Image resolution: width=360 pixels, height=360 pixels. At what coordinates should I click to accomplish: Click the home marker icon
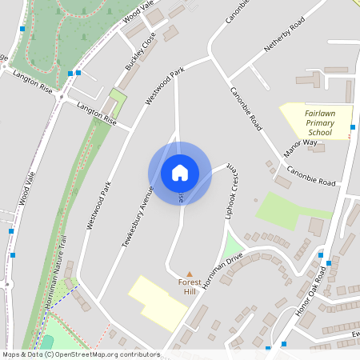click(179, 172)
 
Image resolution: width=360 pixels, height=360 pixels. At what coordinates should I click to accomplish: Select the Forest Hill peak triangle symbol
click(190, 274)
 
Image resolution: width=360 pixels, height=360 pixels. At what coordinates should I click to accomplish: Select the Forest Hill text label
click(190, 287)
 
